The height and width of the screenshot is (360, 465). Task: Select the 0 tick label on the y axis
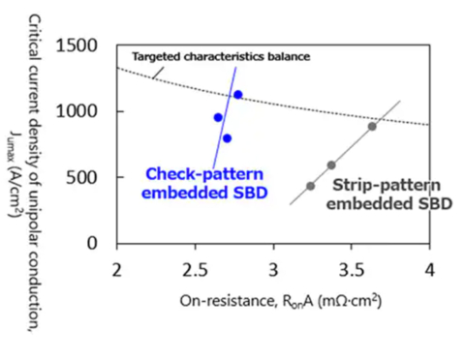[x=96, y=243]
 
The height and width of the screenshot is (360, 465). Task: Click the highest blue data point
[x=237, y=95]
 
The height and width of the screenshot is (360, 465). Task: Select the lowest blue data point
[x=227, y=138]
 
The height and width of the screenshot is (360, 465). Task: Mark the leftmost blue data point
[x=218, y=117]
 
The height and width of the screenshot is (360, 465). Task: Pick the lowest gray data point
[x=310, y=186]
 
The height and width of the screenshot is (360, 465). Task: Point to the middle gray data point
[x=331, y=165]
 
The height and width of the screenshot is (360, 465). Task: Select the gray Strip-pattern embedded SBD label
[x=377, y=194]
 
